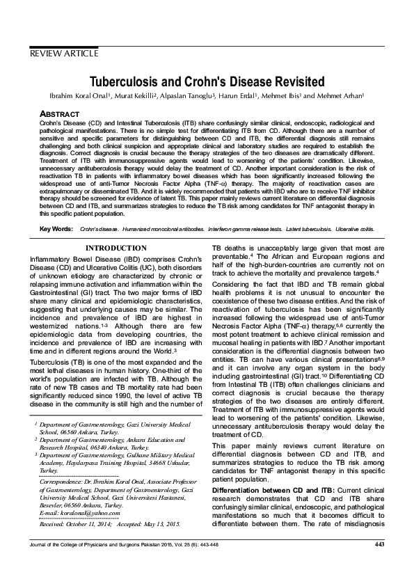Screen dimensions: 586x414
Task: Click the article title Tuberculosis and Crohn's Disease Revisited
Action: [207, 81]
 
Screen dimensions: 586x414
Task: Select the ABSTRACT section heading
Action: [59, 113]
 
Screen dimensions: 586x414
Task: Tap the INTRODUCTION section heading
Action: [116, 248]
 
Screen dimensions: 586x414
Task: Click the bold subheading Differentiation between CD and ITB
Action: [273, 471]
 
